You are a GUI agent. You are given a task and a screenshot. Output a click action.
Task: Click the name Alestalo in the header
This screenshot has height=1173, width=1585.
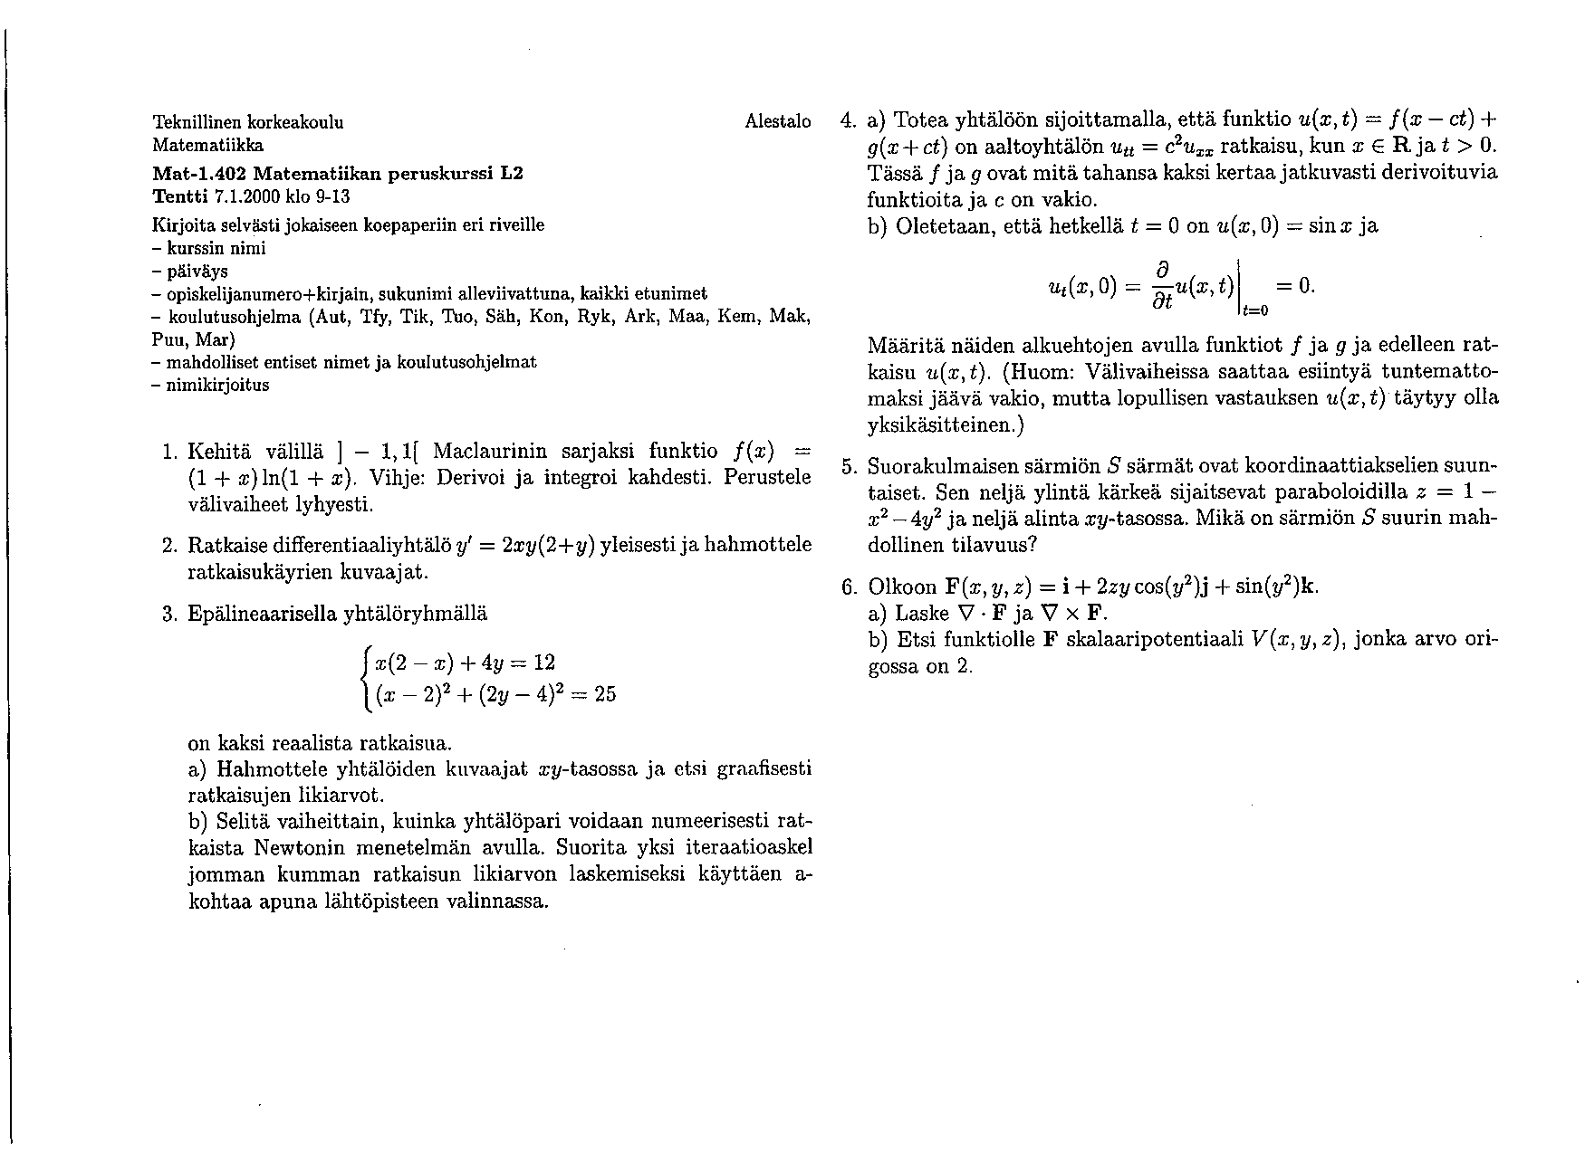(777, 121)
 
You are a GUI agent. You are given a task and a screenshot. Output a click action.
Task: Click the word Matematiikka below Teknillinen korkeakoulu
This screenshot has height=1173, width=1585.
(207, 145)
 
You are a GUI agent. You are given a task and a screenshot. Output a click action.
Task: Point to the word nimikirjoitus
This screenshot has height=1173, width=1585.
(217, 385)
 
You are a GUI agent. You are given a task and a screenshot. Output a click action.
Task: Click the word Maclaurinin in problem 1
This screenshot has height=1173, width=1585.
(488, 451)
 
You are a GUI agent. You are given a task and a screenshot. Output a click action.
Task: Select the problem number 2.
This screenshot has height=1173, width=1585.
(169, 546)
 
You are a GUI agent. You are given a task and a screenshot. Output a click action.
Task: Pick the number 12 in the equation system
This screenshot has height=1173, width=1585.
(543, 663)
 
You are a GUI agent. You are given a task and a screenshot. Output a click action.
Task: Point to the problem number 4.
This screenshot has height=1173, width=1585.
(848, 120)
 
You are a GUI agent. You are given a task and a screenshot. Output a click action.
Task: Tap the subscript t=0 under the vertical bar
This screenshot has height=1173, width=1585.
(1255, 310)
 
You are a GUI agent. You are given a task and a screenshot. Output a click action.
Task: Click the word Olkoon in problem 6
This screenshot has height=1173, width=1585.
(902, 587)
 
